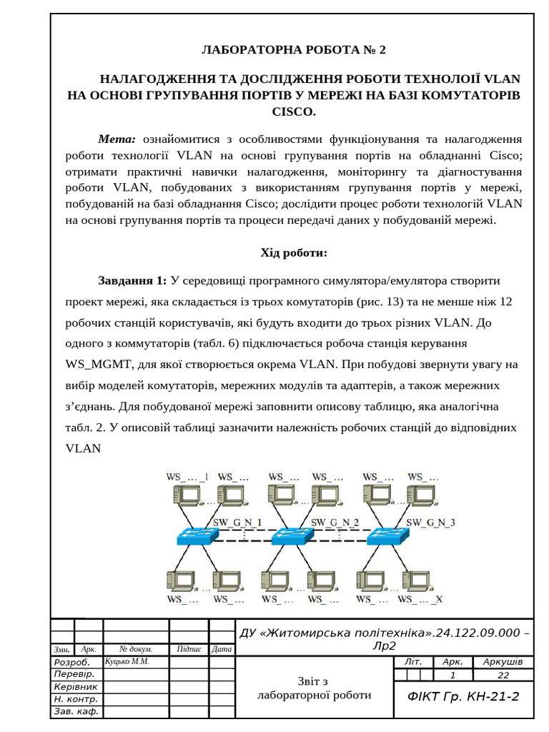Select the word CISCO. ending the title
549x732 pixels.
coord(293,112)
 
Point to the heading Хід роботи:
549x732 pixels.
coord(293,252)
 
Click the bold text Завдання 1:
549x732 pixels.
coord(132,280)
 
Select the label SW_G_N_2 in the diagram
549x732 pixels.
coord(335,522)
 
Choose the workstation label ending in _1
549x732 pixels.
coord(187,476)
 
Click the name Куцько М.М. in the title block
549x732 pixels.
coord(127,661)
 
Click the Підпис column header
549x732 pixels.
coord(188,649)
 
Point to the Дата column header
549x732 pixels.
coord(222,649)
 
